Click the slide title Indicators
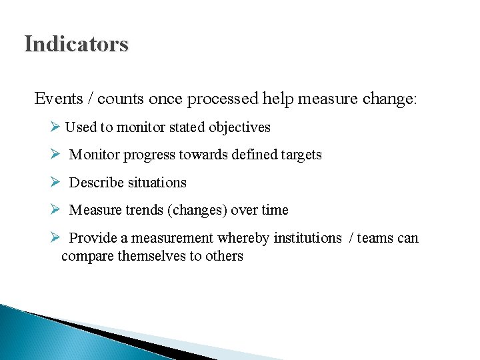pyautogui.click(x=76, y=45)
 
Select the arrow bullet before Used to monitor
pyautogui.click(x=55, y=127)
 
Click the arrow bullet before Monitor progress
pyautogui.click(x=55, y=155)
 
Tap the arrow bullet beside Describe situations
pyautogui.click(x=55, y=182)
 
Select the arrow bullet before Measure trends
pyautogui.click(x=55, y=210)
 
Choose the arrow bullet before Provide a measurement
pyautogui.click(x=55, y=238)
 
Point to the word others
pyautogui.click(x=223, y=256)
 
